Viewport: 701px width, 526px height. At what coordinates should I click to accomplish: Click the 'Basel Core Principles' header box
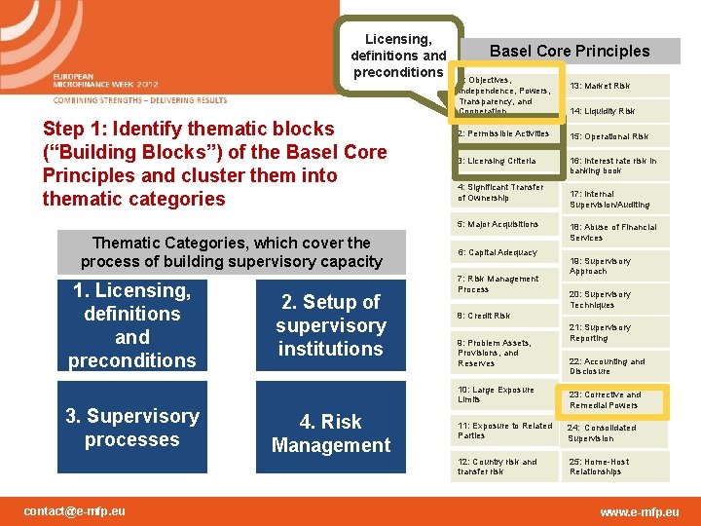pos(570,51)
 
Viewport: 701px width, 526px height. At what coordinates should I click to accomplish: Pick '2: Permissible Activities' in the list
pos(503,133)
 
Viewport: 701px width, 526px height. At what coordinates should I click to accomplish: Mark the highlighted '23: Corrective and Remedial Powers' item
pos(615,399)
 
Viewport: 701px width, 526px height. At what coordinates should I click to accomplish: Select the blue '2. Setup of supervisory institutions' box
pos(330,325)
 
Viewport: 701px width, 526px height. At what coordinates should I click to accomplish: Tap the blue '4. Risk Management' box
pos(330,433)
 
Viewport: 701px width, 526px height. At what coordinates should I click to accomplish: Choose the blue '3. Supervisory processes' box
pos(132,428)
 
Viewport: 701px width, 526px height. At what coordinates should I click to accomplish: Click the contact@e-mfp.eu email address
pos(75,510)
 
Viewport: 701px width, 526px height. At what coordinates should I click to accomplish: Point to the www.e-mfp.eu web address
pos(640,511)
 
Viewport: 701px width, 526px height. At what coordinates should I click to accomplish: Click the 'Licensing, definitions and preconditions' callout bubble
pos(398,56)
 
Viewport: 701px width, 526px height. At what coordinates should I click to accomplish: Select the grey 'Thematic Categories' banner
pos(231,252)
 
